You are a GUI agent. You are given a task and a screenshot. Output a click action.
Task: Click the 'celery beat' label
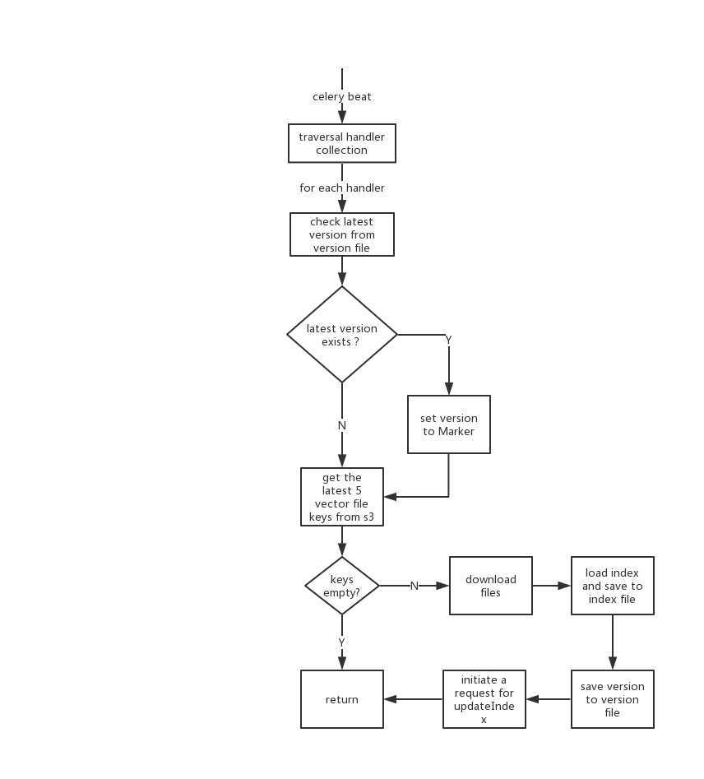pyautogui.click(x=342, y=97)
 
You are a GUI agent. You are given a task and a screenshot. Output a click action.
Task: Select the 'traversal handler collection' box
pyautogui.click(x=342, y=144)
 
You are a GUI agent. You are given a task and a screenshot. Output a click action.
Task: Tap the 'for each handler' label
pyautogui.click(x=342, y=188)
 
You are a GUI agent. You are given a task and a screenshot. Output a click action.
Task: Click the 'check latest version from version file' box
pyautogui.click(x=342, y=234)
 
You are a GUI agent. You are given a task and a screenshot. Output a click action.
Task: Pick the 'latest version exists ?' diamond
pyautogui.click(x=342, y=334)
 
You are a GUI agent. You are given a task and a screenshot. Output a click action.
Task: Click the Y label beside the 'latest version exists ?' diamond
pyautogui.click(x=448, y=340)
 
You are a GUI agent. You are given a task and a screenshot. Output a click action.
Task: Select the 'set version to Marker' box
pyautogui.click(x=449, y=424)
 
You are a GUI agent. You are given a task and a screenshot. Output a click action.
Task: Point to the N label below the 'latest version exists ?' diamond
pyautogui.click(x=342, y=425)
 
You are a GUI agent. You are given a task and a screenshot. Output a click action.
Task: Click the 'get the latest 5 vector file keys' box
pyautogui.click(x=342, y=497)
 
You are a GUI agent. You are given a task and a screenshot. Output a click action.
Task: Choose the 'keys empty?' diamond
pyautogui.click(x=342, y=586)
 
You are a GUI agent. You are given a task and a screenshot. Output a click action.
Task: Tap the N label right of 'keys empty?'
pyautogui.click(x=415, y=586)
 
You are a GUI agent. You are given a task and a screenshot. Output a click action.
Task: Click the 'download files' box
pyautogui.click(x=491, y=586)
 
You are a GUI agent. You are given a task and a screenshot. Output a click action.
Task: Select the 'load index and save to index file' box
pyautogui.click(x=613, y=586)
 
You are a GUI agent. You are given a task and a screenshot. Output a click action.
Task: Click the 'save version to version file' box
pyautogui.click(x=613, y=699)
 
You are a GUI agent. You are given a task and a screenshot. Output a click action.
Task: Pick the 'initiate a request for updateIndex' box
pyautogui.click(x=484, y=699)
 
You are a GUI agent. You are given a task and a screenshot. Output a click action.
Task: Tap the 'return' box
pyautogui.click(x=342, y=699)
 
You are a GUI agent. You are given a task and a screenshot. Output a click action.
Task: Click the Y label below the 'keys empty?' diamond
pyautogui.click(x=342, y=642)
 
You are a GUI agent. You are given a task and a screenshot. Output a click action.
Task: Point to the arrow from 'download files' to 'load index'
pyautogui.click(x=552, y=586)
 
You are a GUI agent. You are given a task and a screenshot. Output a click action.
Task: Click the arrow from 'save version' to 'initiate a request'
pyautogui.click(x=549, y=699)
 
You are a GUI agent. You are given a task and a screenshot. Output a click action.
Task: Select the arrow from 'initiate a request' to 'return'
pyautogui.click(x=413, y=699)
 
